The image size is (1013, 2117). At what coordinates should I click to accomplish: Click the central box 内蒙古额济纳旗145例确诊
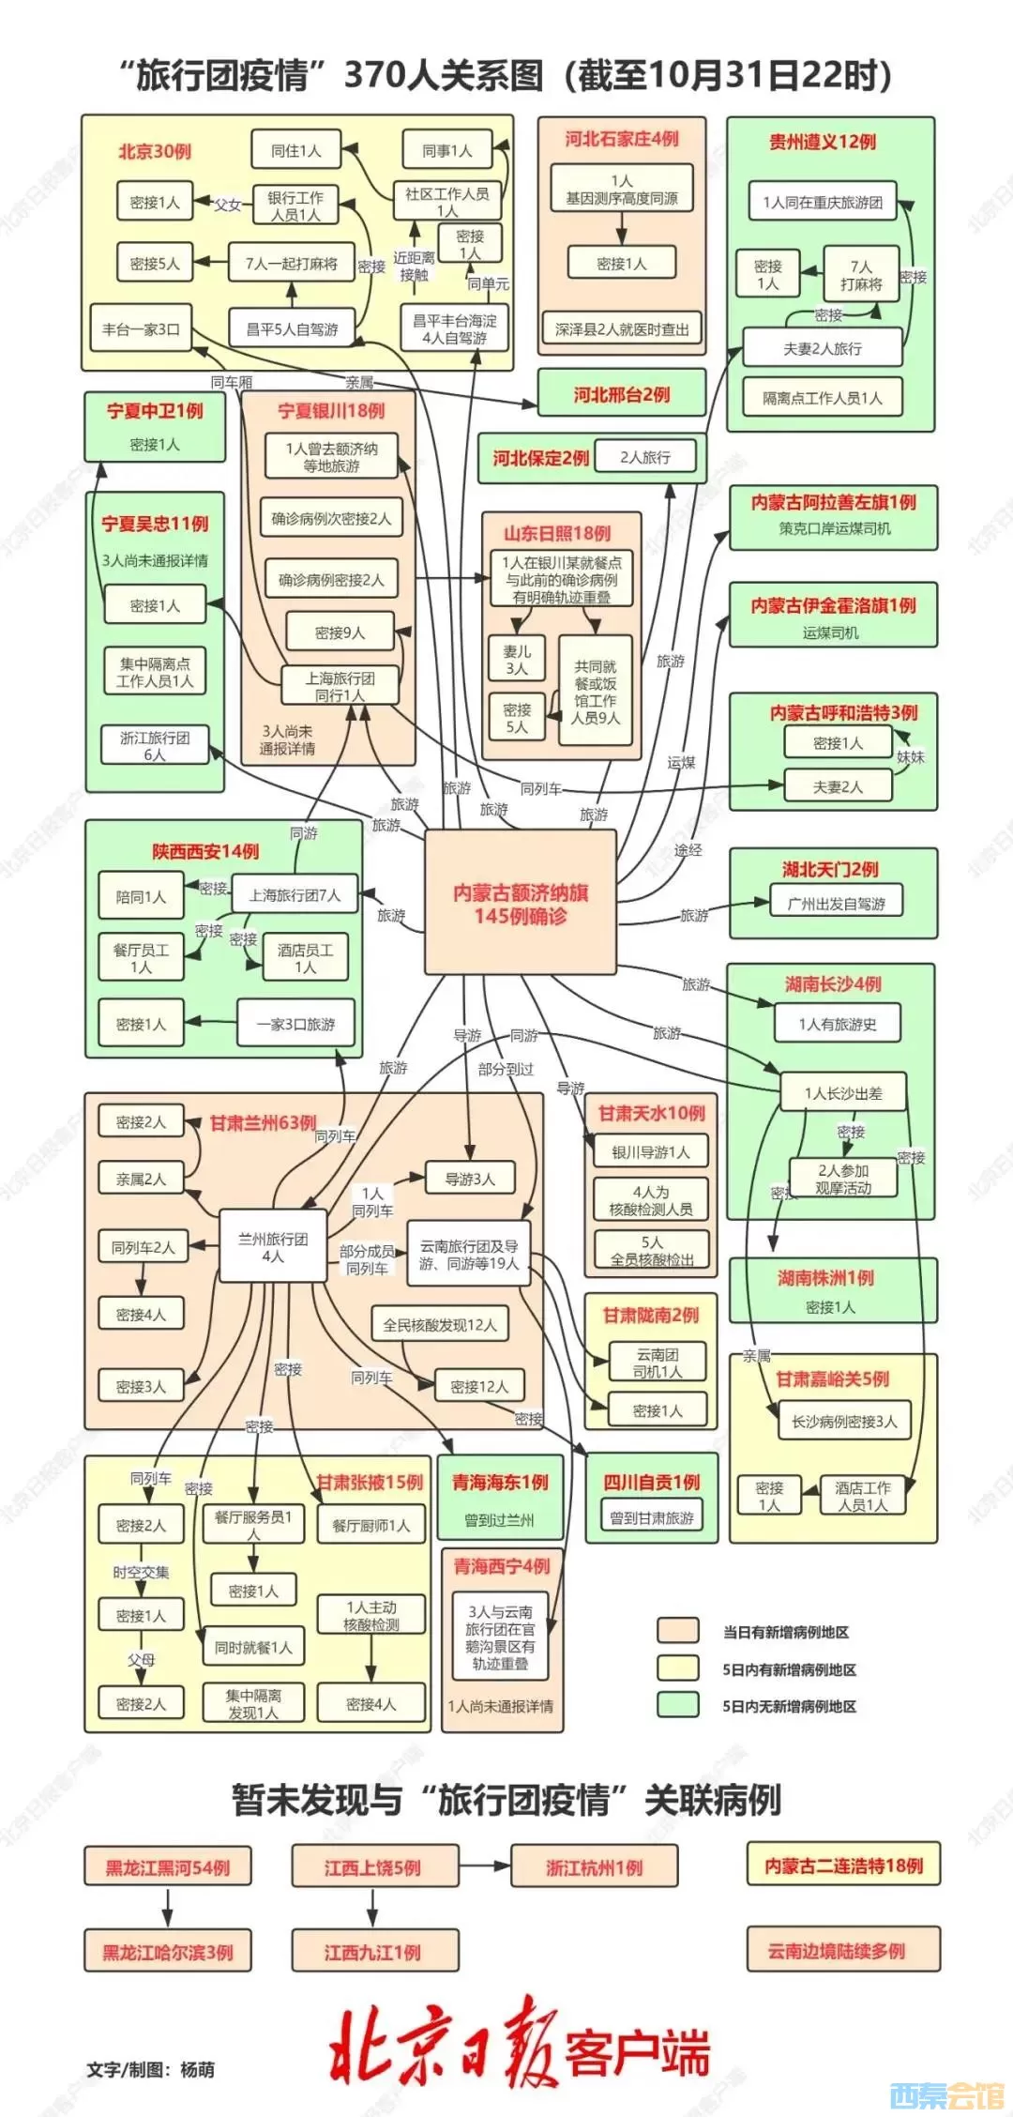(x=521, y=904)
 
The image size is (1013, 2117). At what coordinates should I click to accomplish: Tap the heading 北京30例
(x=154, y=151)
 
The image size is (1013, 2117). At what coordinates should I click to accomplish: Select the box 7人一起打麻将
(x=291, y=264)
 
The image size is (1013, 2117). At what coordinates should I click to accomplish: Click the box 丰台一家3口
(x=141, y=329)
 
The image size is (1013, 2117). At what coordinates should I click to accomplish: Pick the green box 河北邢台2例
(x=621, y=394)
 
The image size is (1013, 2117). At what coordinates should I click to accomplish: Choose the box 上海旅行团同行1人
(x=340, y=686)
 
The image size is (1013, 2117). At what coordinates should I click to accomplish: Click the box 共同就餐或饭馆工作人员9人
(x=595, y=692)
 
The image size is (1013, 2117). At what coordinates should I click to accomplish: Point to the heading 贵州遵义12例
(x=822, y=142)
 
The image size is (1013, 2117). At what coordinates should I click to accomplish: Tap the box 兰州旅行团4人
(x=272, y=1247)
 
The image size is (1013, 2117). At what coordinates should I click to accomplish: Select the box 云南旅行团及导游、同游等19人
(x=468, y=1255)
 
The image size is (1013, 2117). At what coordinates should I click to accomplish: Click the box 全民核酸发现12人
(x=439, y=1325)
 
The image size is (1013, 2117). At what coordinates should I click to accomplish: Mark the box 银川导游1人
(x=651, y=1151)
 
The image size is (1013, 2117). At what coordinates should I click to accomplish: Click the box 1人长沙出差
(x=842, y=1092)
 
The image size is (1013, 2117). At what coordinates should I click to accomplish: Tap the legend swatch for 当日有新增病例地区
(x=677, y=1631)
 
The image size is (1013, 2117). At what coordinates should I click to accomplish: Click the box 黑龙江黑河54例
(x=168, y=1867)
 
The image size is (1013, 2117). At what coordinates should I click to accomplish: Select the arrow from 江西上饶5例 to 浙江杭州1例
(x=485, y=1867)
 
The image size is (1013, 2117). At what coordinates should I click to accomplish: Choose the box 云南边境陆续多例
(x=842, y=1951)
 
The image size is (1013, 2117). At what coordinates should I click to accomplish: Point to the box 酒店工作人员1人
(x=862, y=1496)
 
